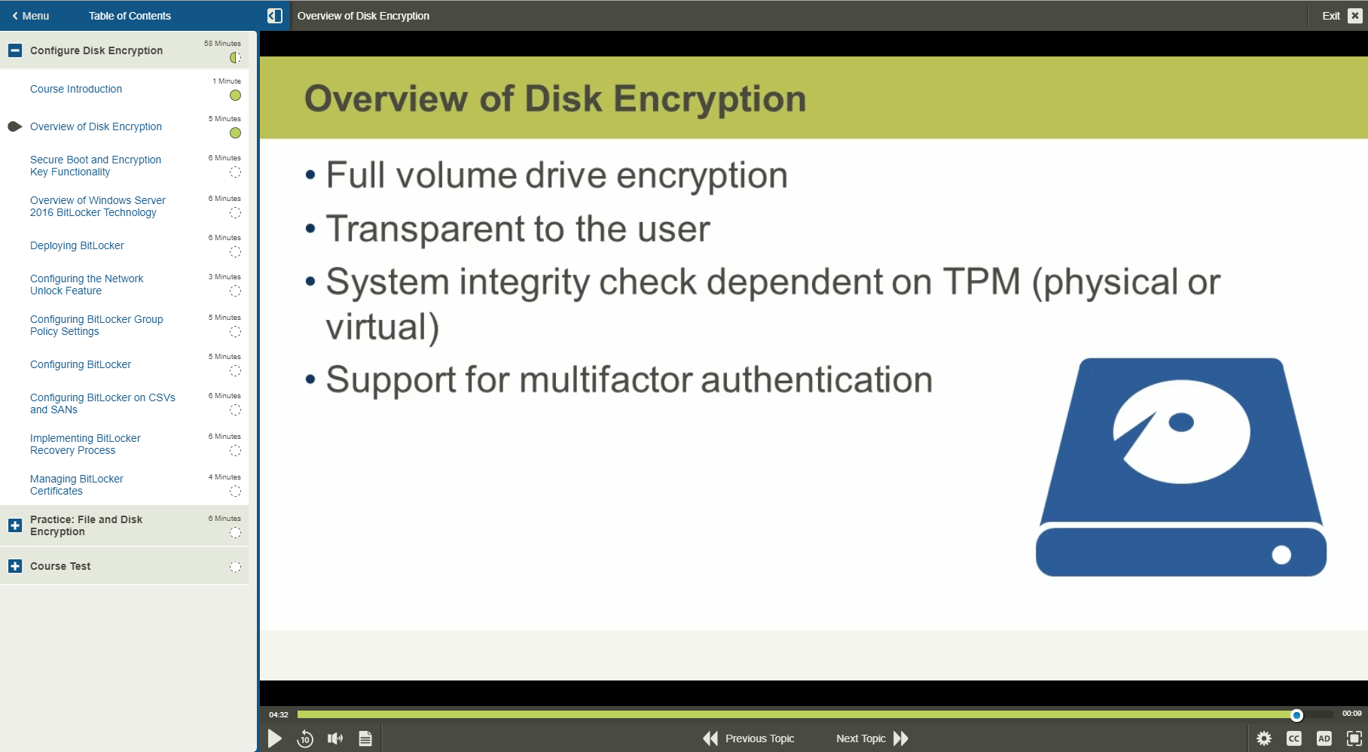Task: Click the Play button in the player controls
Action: click(275, 738)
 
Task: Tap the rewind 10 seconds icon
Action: click(305, 738)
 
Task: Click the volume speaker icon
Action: click(335, 738)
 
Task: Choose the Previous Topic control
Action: click(749, 738)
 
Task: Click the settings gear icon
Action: click(1264, 738)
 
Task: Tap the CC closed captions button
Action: click(1294, 738)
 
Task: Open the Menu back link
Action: click(31, 16)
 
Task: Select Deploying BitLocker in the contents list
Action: click(77, 245)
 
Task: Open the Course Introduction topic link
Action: click(76, 89)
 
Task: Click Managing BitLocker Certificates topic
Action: click(77, 485)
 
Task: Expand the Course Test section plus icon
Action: click(15, 566)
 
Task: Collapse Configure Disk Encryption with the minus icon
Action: click(15, 50)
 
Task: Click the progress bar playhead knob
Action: click(1296, 715)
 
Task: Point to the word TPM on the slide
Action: click(982, 282)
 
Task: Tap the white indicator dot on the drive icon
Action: click(1281, 555)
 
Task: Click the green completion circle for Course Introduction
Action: click(236, 96)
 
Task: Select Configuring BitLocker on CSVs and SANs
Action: click(102, 403)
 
